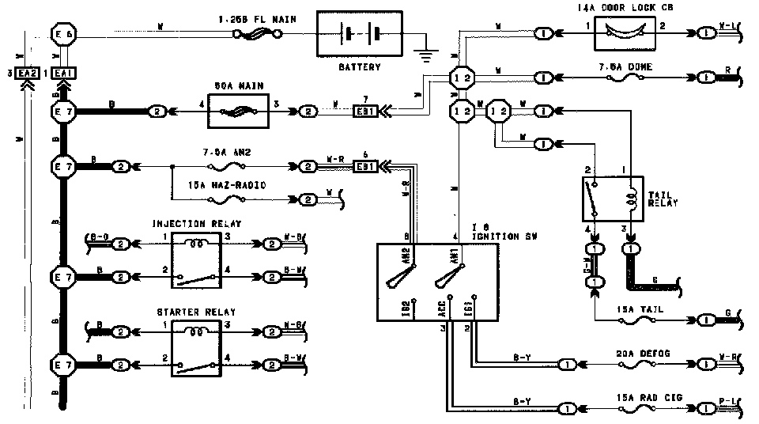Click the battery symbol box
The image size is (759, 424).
click(360, 35)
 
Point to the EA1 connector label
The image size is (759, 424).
click(65, 73)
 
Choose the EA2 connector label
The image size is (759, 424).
click(28, 73)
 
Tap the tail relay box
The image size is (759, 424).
click(613, 198)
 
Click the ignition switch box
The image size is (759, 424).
click(437, 282)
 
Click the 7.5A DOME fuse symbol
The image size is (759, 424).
click(625, 78)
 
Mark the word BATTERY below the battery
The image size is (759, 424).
click(359, 67)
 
